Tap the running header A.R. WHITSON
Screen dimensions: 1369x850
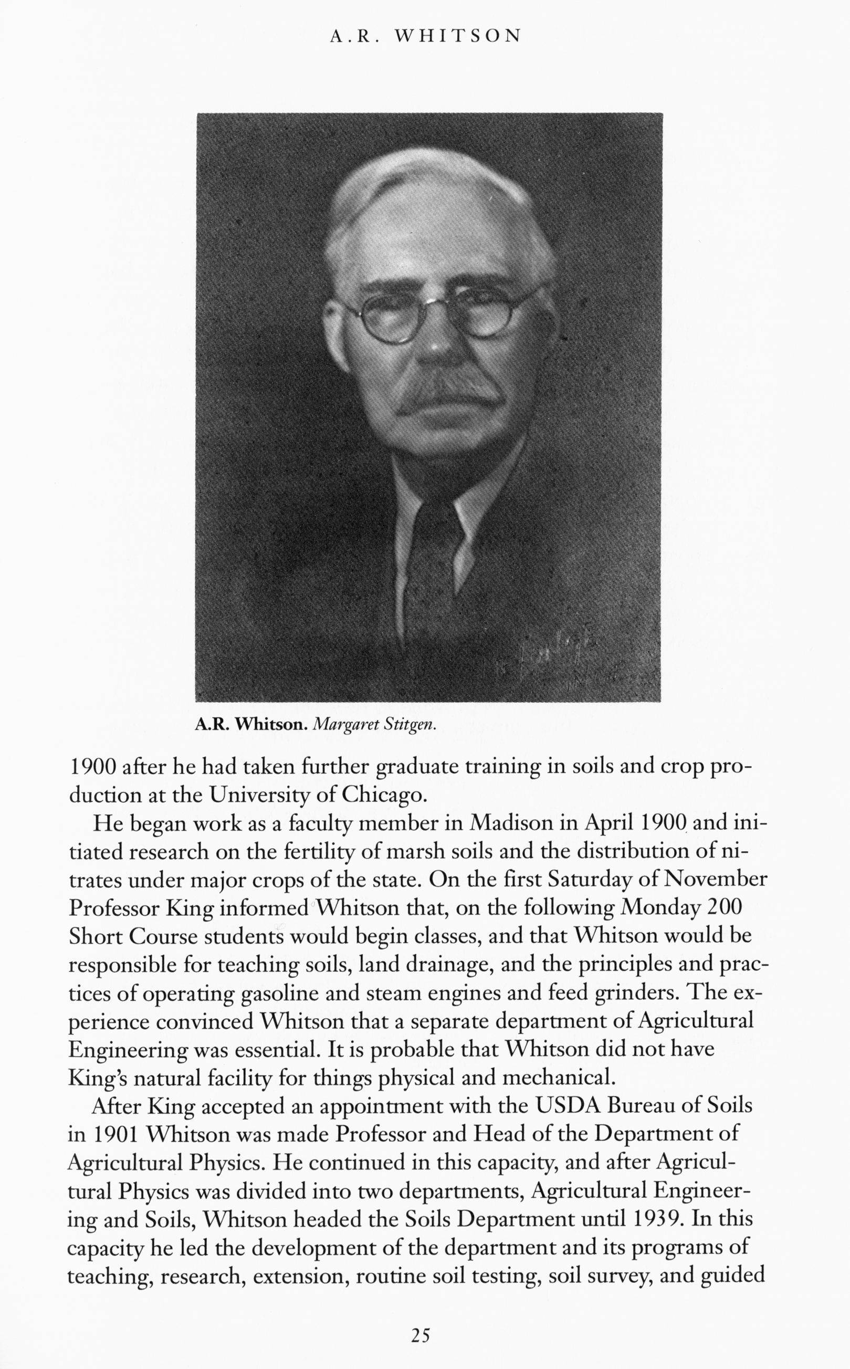[x=425, y=37]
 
